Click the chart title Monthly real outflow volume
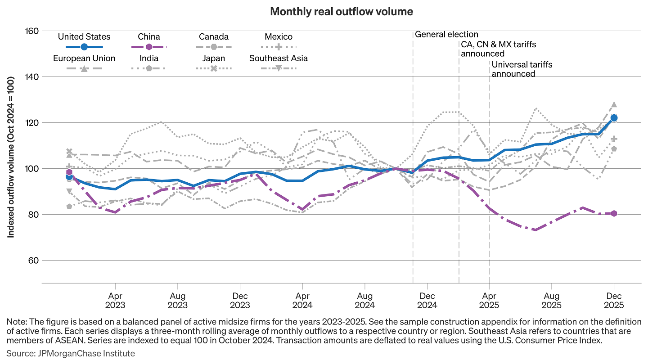(341, 12)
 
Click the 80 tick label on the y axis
(32, 215)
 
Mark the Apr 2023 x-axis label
(115, 301)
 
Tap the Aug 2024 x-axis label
(364, 301)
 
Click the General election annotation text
(446, 34)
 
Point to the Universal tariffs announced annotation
(522, 69)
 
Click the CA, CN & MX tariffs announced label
(498, 49)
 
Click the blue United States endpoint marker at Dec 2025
(613, 118)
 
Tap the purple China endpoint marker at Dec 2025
(613, 213)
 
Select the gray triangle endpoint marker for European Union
(613, 104)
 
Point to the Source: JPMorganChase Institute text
(71, 353)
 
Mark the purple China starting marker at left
(69, 172)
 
